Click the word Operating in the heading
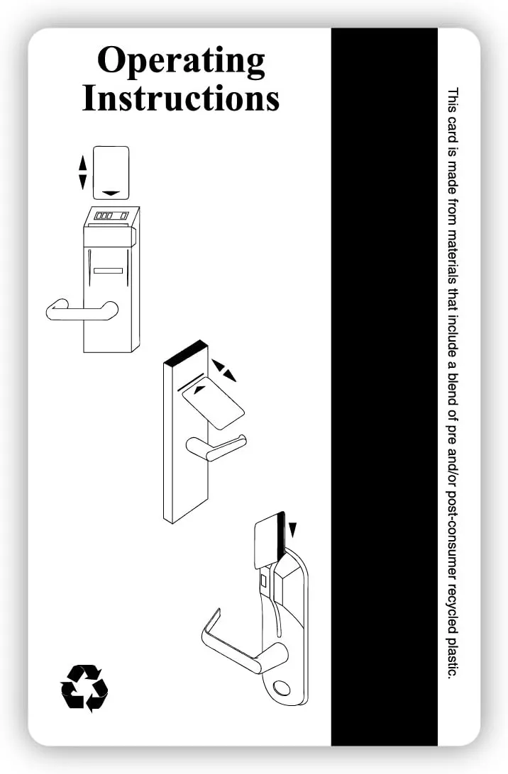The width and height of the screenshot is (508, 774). point(182,61)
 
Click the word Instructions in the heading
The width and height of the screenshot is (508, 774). point(181,99)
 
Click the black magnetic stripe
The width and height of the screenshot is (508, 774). point(384,386)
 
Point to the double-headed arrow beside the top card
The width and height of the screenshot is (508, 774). point(82,172)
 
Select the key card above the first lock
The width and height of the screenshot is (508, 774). point(111,172)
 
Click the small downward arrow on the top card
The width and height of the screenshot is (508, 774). point(112,193)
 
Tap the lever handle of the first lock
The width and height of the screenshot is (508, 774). point(82,310)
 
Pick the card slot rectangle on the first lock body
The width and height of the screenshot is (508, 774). point(109,270)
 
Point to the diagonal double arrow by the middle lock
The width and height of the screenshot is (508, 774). point(224,371)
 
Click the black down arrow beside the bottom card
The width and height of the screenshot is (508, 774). point(293,529)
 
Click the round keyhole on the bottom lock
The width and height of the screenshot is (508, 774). point(282,688)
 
